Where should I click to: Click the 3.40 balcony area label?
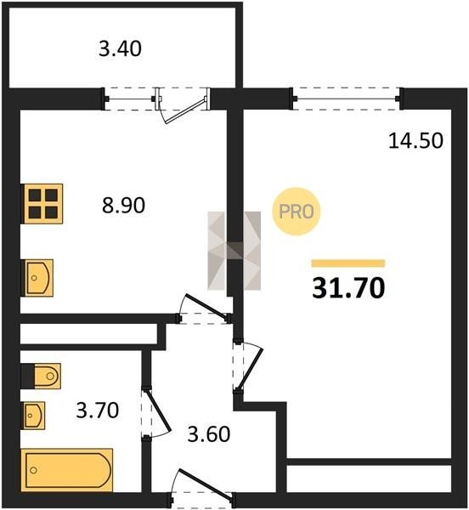point(120,49)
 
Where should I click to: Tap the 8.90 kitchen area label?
point(123,206)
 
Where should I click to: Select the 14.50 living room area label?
point(415,141)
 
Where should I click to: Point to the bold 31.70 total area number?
point(348,288)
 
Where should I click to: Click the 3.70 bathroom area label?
point(98,411)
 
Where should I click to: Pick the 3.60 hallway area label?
point(209,433)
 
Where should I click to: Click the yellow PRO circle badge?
point(296,212)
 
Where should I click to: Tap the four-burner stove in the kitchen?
point(42,204)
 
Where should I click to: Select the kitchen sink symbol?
point(37,278)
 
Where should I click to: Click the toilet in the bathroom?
point(46,376)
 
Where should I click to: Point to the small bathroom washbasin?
point(33,416)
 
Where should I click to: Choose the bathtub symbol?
point(67,470)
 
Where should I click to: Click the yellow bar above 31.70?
point(348,263)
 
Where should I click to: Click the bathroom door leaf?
point(158,411)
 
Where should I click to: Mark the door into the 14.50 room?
point(251,367)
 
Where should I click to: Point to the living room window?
point(347,99)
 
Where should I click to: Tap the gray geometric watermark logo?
point(234,251)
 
